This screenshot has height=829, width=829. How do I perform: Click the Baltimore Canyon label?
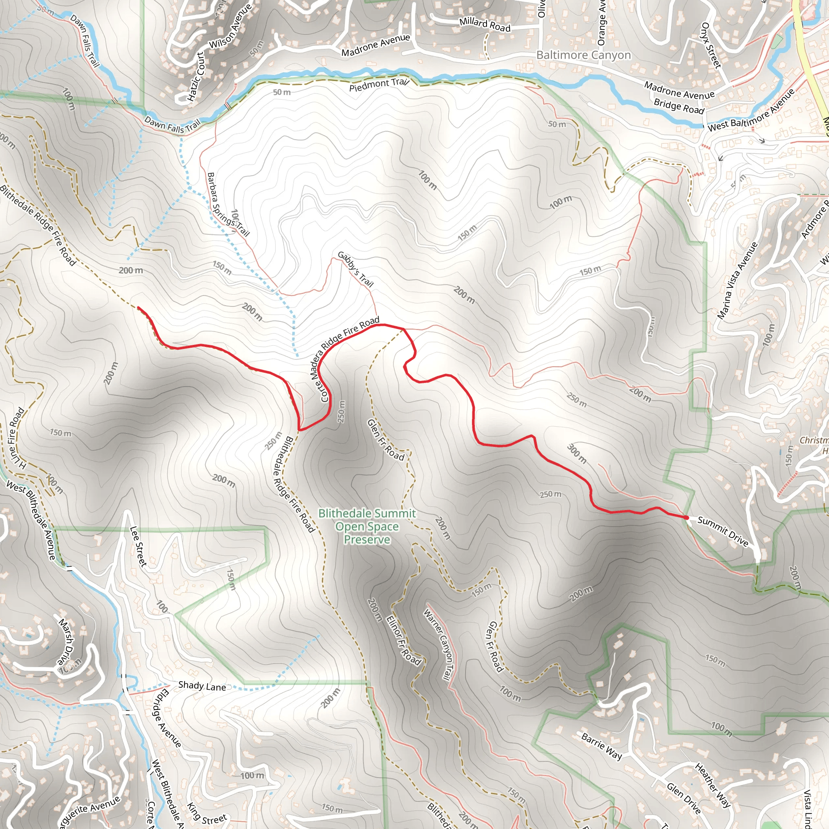584,55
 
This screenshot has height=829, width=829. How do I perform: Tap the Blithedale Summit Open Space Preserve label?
367,526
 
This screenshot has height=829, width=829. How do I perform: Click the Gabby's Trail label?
355,269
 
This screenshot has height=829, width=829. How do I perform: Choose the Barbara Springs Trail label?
227,205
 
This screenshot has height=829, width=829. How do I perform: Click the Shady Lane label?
202,686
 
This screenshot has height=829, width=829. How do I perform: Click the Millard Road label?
485,24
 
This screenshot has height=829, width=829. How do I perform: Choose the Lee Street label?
138,546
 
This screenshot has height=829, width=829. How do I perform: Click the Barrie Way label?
602,746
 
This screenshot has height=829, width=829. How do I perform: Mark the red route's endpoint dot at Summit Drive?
687,518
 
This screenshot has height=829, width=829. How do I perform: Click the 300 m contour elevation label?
577,453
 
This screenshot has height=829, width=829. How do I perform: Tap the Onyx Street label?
710,45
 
